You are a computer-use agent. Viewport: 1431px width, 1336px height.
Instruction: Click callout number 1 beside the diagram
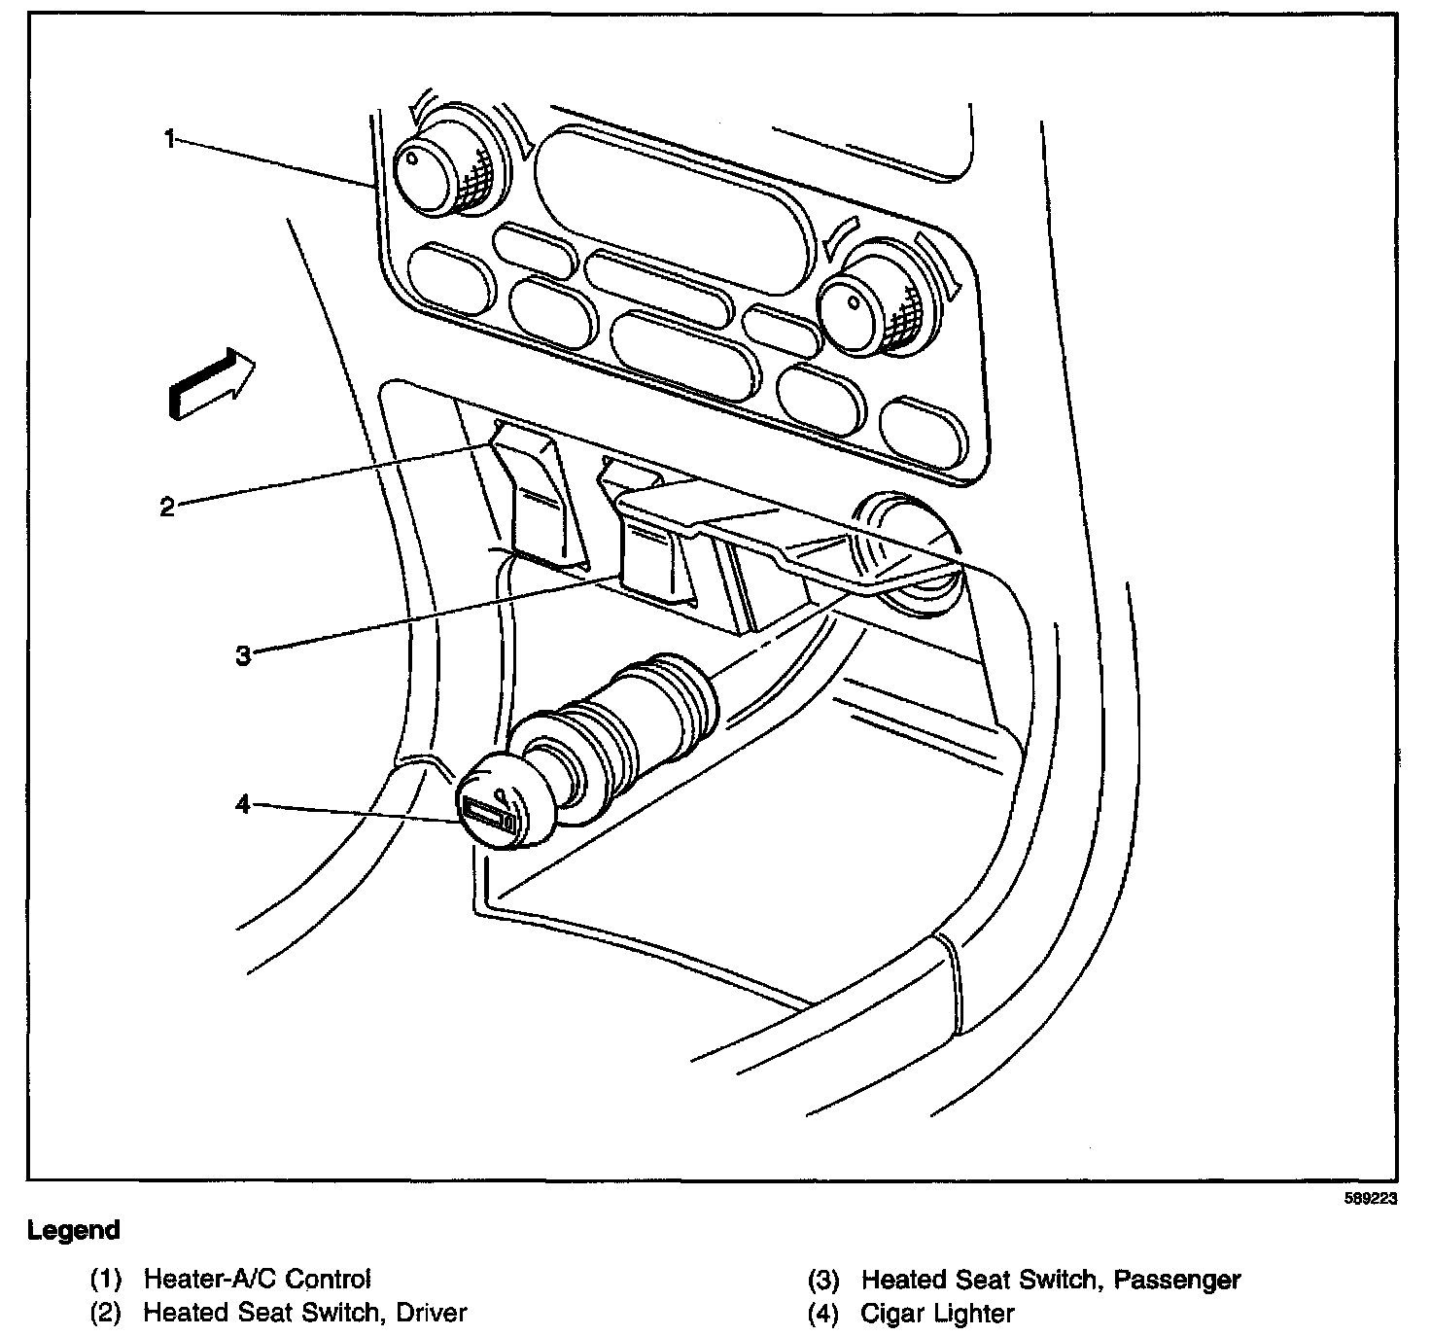point(169,140)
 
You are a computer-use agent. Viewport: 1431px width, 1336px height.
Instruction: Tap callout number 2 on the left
point(167,506)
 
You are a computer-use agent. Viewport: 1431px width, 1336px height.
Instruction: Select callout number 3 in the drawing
point(243,654)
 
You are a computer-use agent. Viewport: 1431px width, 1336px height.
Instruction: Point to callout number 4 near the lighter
point(243,804)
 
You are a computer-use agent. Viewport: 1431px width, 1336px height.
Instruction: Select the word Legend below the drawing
point(74,1230)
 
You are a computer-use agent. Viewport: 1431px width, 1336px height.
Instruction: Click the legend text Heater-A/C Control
point(258,1279)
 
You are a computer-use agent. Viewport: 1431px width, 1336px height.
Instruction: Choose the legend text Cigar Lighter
point(937,1314)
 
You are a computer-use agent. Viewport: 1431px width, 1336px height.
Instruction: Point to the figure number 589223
point(1371,1199)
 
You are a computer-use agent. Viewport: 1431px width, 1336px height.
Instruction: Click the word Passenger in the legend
point(1177,1279)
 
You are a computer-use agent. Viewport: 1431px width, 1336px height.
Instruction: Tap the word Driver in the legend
point(429,1313)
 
